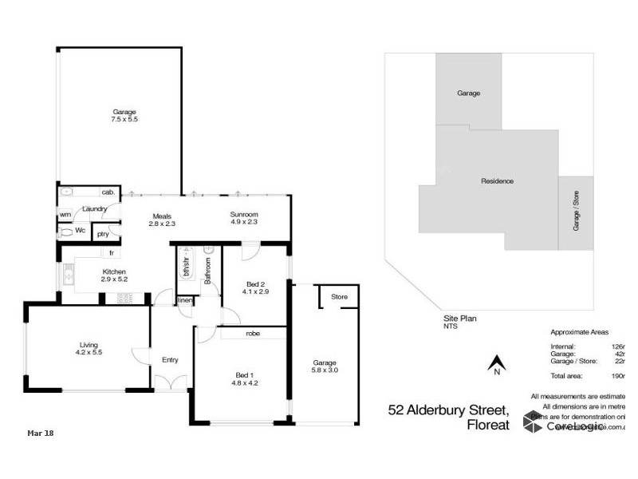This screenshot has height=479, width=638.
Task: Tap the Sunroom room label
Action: point(244,220)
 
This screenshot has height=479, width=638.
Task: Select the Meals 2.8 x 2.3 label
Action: point(162,220)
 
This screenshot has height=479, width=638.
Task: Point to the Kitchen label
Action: point(114,275)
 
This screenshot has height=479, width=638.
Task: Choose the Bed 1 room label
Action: point(244,378)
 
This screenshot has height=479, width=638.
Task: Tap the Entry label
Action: point(170,360)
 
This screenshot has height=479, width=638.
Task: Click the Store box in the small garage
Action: point(340,297)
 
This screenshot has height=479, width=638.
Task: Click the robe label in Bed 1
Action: point(254,333)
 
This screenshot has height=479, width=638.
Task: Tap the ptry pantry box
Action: point(103,234)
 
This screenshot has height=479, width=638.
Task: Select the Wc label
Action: point(81,231)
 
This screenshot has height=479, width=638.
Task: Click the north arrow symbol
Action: point(496,364)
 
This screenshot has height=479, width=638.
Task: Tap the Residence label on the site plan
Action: point(497,181)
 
